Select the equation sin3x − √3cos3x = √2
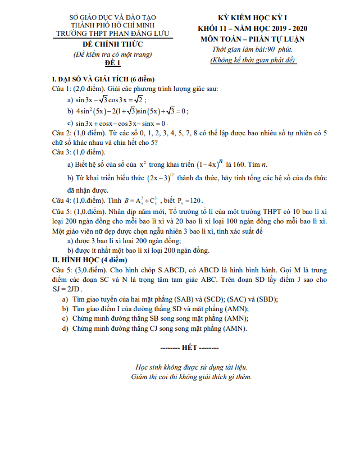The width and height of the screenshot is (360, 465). tap(111, 99)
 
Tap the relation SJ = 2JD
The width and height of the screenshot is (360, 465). tap(66, 289)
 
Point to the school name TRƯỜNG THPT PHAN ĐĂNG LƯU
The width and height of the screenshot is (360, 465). tap(112, 34)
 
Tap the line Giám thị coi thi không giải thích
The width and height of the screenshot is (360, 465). tap(191, 376)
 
